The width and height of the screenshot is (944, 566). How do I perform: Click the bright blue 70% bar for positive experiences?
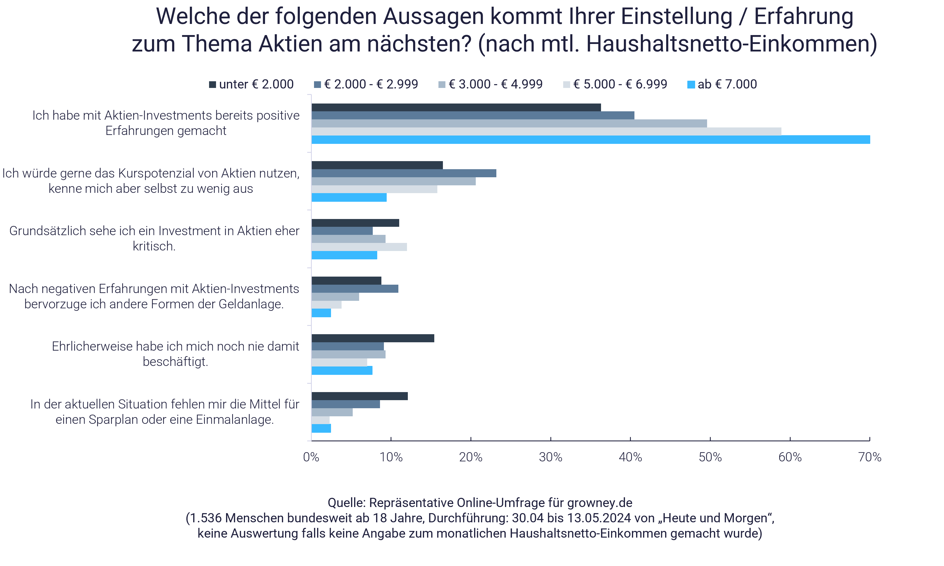[591, 140]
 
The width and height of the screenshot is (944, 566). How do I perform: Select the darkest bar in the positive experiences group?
[456, 108]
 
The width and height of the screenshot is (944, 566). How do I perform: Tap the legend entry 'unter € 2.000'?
[252, 84]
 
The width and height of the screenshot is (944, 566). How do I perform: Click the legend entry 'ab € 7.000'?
[723, 84]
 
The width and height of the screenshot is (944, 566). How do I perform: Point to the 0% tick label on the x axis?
[311, 457]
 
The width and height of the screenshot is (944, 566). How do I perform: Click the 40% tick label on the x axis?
[630, 457]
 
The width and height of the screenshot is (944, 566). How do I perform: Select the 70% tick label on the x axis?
[870, 457]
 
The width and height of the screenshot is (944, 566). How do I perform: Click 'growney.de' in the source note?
[599, 503]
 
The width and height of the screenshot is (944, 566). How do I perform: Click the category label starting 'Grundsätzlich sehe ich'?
[154, 238]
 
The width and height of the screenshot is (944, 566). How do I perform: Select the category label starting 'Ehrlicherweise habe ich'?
[176, 354]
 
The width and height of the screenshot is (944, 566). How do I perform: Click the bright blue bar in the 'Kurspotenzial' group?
[349, 198]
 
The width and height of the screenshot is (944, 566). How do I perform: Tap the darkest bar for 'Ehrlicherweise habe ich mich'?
[373, 338]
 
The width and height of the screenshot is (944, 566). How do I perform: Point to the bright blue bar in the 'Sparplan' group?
[321, 428]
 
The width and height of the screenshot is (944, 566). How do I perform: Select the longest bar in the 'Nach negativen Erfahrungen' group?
[355, 289]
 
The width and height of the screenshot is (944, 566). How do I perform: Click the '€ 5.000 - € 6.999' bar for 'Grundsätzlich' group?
[359, 247]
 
